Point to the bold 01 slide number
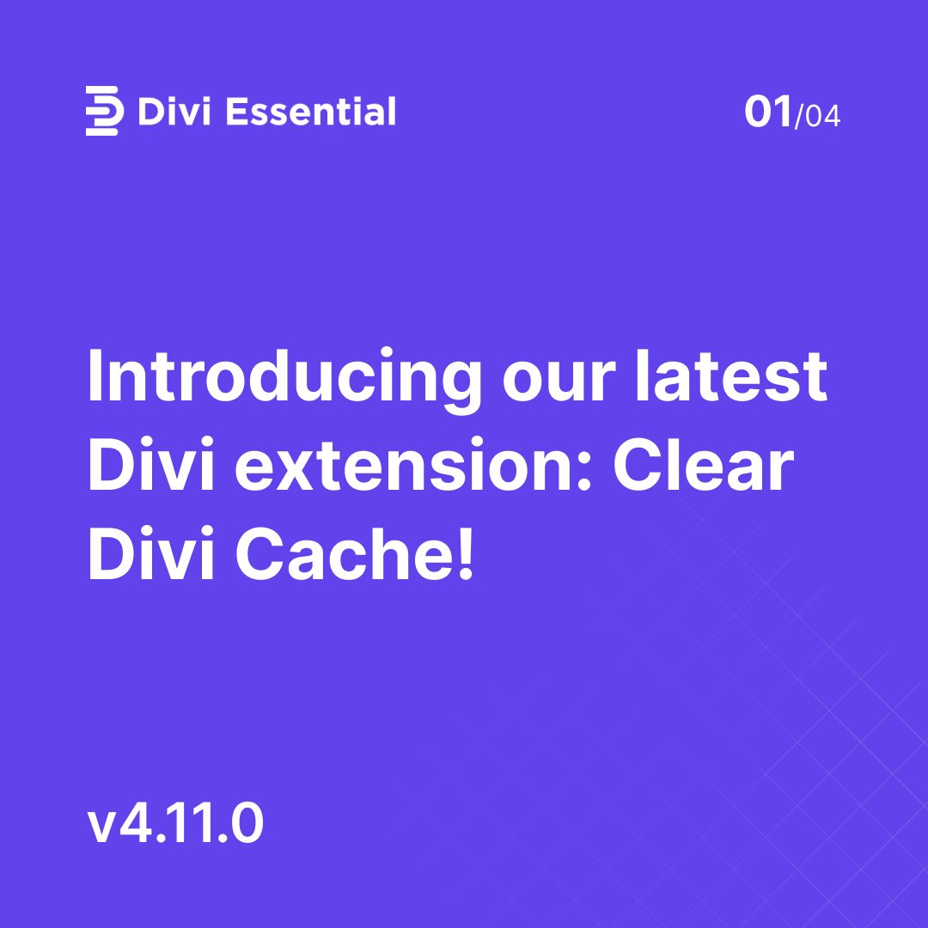768,113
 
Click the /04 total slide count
818,116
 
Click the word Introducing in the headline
284,379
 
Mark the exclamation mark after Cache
466,554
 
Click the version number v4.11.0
175,826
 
